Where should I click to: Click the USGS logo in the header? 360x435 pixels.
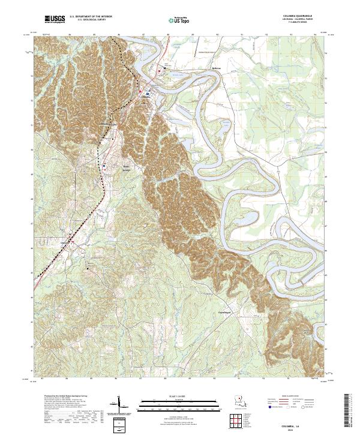pos(55,20)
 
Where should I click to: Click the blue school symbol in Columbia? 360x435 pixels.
pos(148,94)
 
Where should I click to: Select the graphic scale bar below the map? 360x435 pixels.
pos(179,404)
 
